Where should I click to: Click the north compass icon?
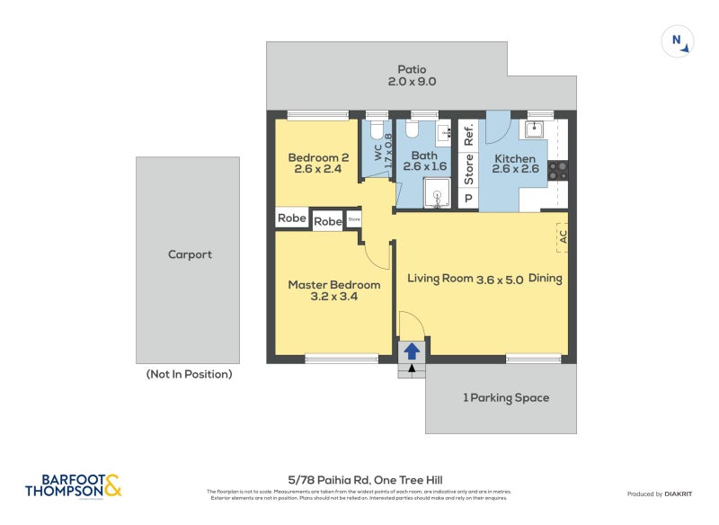click(x=677, y=41)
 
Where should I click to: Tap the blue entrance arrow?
click(x=411, y=351)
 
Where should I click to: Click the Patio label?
click(x=413, y=76)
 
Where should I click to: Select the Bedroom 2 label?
click(x=318, y=165)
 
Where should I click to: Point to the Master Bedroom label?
click(x=333, y=290)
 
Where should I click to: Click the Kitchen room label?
click(x=516, y=165)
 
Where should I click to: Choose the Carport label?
click(x=190, y=254)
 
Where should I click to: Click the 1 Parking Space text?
click(x=505, y=397)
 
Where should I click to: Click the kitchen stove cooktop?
click(x=557, y=170)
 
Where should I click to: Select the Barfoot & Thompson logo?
click(x=73, y=486)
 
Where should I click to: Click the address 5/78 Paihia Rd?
click(x=359, y=480)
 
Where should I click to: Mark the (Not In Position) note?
click(x=189, y=374)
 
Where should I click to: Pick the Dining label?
click(x=546, y=279)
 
